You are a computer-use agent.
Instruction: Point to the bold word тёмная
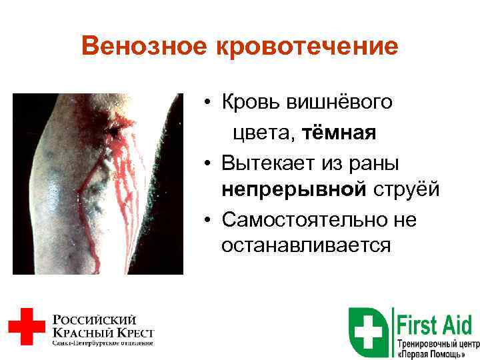click(339, 133)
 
